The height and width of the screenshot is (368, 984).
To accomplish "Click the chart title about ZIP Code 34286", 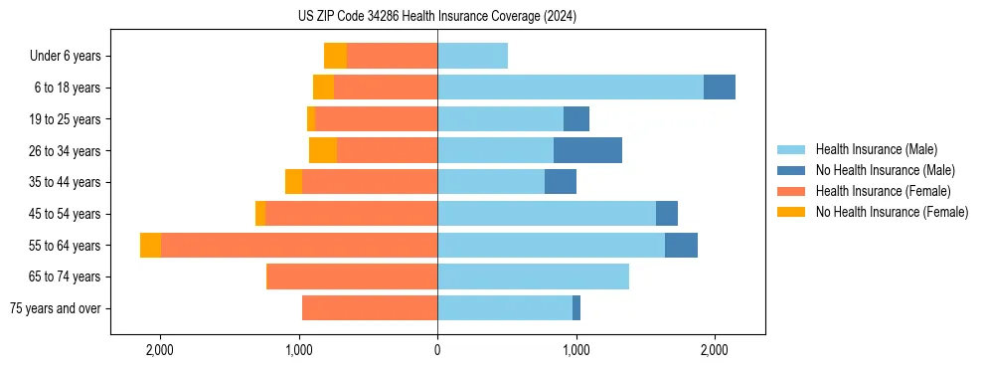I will (437, 17).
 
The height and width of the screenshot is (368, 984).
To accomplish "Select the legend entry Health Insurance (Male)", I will (875, 149).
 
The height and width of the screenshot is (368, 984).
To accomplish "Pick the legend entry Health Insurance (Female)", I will (883, 191).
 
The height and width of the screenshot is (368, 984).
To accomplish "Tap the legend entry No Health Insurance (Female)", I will (892, 212).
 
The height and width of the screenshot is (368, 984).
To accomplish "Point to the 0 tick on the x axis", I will (437, 350).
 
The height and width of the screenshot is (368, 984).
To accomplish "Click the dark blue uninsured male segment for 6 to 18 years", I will (720, 88).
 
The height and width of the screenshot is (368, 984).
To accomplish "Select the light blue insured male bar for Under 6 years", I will (472, 56).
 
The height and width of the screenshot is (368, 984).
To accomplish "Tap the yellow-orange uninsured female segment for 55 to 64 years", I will (150, 245).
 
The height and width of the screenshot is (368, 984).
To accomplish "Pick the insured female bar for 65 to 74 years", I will (352, 276).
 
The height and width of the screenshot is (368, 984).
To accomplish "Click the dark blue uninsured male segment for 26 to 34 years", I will (587, 150).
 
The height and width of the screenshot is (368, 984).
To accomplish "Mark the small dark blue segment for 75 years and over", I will (576, 308).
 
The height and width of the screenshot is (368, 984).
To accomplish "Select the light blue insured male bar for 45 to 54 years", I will (547, 214).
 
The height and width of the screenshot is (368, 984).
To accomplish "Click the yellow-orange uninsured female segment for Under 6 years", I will (335, 56).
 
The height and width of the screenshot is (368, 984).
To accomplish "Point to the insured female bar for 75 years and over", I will (370, 308).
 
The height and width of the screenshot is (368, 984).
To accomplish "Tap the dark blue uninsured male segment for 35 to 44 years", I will (561, 182).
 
